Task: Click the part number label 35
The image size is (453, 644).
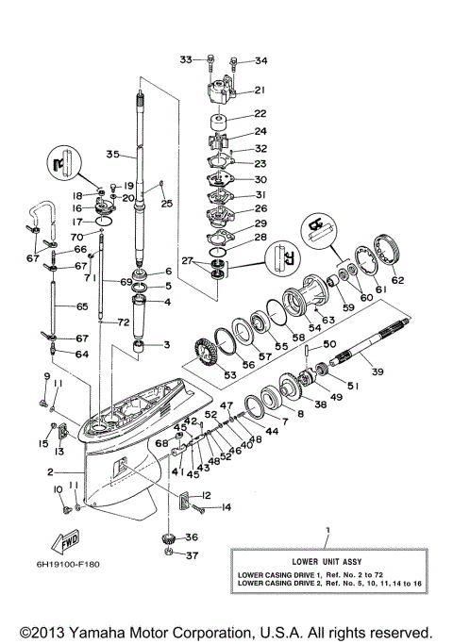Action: (112, 154)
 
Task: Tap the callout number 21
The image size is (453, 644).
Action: (259, 91)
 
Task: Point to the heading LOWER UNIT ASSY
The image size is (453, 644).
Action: (327, 559)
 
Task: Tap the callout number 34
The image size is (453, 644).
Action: (260, 61)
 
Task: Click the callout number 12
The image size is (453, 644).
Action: (206, 495)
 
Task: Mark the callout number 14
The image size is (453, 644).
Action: (226, 508)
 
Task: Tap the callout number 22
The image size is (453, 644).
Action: (259, 113)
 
